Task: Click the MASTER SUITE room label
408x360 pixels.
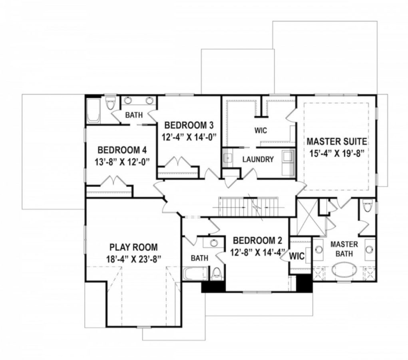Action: [336, 142]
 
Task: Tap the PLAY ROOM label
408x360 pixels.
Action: [133, 247]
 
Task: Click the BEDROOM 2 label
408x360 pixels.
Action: [257, 241]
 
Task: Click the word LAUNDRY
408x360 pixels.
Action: [258, 159]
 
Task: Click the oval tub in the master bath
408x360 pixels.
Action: [344, 269]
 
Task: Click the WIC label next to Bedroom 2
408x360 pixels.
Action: [297, 256]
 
